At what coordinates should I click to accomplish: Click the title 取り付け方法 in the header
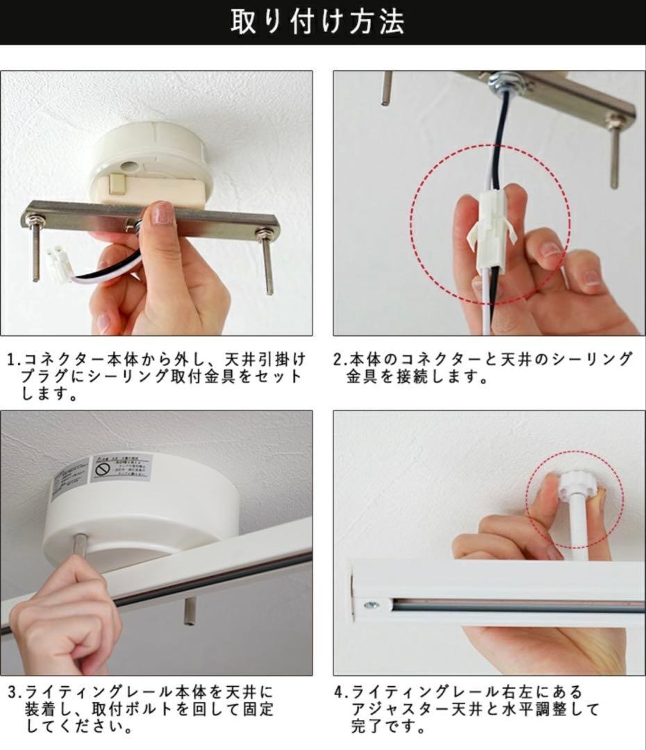point(317,22)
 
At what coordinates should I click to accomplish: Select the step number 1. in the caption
point(15,360)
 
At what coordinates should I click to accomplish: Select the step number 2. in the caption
point(340,360)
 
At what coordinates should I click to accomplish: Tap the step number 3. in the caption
point(15,692)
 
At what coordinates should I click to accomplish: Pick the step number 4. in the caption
point(340,692)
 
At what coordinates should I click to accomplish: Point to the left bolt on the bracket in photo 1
point(34,250)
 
